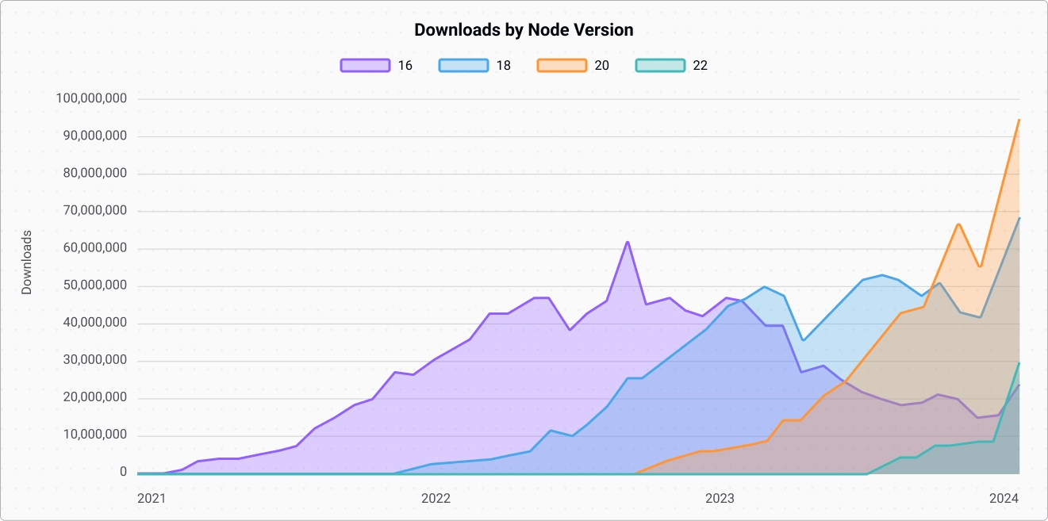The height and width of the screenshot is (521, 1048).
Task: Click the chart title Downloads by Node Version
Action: click(x=524, y=30)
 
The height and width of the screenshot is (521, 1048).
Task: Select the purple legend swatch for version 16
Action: click(x=365, y=66)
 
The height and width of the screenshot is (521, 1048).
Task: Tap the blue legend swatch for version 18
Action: click(x=463, y=66)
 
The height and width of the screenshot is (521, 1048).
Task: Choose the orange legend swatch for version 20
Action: click(x=562, y=66)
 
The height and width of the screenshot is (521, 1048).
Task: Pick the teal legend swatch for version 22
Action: click(x=660, y=66)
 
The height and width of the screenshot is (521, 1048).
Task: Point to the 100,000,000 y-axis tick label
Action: click(x=92, y=99)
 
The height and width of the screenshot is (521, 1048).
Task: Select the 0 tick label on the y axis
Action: click(x=123, y=472)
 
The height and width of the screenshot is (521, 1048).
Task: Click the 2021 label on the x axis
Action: click(x=152, y=499)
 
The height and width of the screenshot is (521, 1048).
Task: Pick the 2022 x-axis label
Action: click(x=436, y=499)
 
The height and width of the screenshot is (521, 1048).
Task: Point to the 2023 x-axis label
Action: click(x=720, y=499)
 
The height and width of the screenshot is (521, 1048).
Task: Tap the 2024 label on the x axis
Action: click(x=1004, y=499)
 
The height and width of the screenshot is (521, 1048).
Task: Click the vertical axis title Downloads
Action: click(x=27, y=262)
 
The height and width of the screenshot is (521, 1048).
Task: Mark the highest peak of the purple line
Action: click(x=628, y=242)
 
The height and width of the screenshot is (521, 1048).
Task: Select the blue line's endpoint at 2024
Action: click(x=1019, y=218)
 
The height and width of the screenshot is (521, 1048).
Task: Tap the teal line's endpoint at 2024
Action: click(x=1019, y=363)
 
